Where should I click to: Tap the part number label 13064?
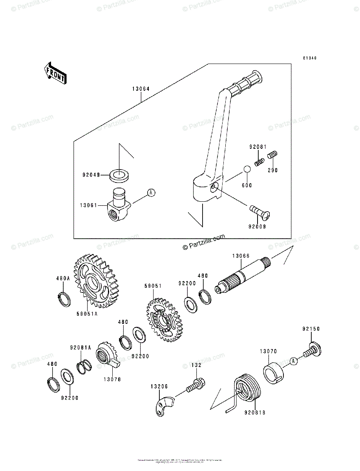(x=140, y=89)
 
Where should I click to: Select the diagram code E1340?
(x=309, y=58)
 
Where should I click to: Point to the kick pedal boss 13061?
(x=118, y=206)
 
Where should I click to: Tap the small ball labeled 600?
(x=247, y=169)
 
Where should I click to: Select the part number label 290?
(x=272, y=171)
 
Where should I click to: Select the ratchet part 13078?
(x=107, y=354)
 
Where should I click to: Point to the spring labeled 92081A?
(x=85, y=367)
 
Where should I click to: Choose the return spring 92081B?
(x=246, y=389)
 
